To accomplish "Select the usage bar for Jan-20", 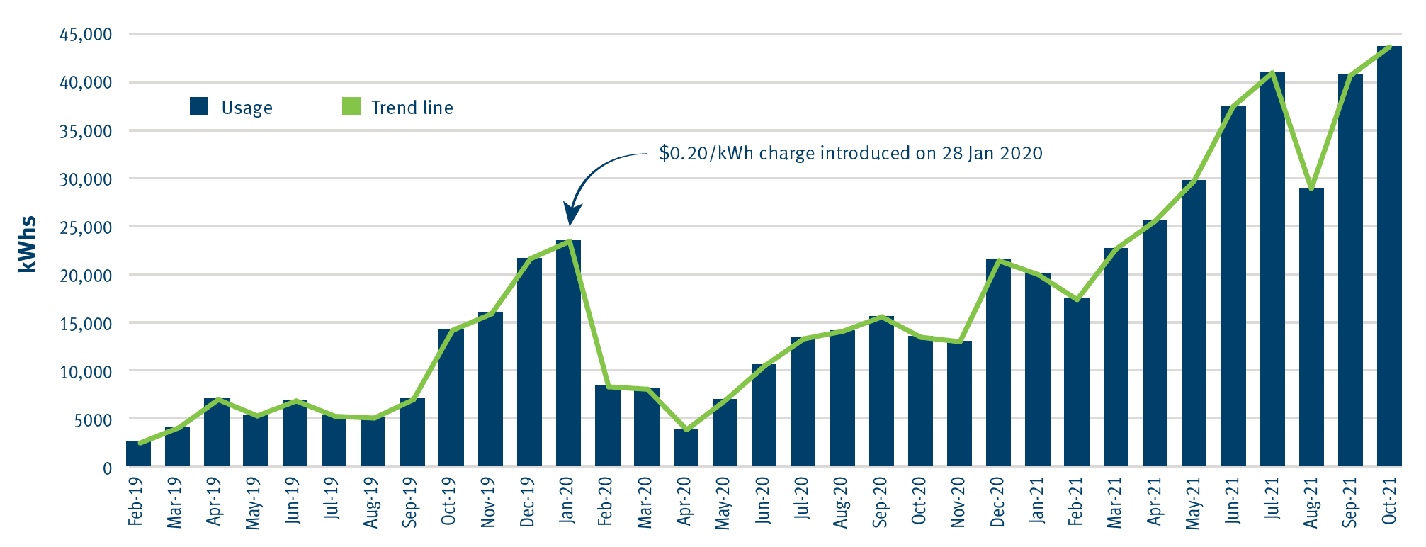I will [568, 354].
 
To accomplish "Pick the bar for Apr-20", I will [686, 448].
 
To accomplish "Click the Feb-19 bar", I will [138, 454].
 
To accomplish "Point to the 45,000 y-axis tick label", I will [86, 35].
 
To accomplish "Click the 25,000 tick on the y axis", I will [86, 227].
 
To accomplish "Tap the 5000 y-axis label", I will [94, 420].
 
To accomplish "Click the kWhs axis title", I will [28, 244].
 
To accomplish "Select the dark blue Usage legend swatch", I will [199, 107].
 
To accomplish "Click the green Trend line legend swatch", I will [351, 107].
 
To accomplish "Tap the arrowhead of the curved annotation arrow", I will [572, 215].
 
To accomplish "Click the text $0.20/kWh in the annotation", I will [706, 154].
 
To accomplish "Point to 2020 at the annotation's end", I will [1020, 154].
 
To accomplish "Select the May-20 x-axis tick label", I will [723, 503].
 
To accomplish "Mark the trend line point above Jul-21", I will [1272, 73].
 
